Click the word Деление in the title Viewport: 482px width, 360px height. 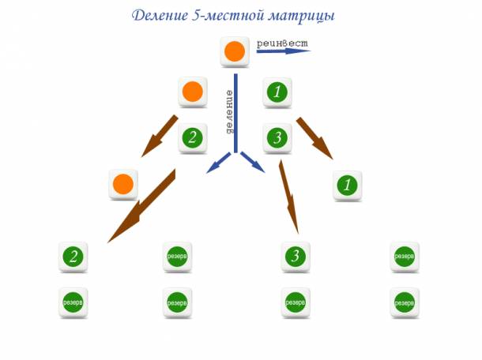[160, 15]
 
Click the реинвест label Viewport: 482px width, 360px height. [282, 43]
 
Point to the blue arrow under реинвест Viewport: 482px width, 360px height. [284, 51]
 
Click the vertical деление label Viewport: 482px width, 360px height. [229, 111]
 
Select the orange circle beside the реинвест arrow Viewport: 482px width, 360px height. [235, 51]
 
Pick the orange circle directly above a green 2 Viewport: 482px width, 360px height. [193, 92]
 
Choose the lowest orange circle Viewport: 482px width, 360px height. [123, 184]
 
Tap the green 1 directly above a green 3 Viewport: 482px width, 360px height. [277, 92]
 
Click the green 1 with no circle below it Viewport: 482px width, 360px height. [348, 186]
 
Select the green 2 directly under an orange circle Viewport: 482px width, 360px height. [193, 137]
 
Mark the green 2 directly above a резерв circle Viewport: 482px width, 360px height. [73, 256]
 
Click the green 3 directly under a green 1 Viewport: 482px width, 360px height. [277, 137]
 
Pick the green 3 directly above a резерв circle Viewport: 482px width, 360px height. [296, 256]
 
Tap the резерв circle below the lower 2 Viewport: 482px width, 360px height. [73, 302]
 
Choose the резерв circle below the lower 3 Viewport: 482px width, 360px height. [296, 302]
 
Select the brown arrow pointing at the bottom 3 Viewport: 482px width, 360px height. [289, 197]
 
